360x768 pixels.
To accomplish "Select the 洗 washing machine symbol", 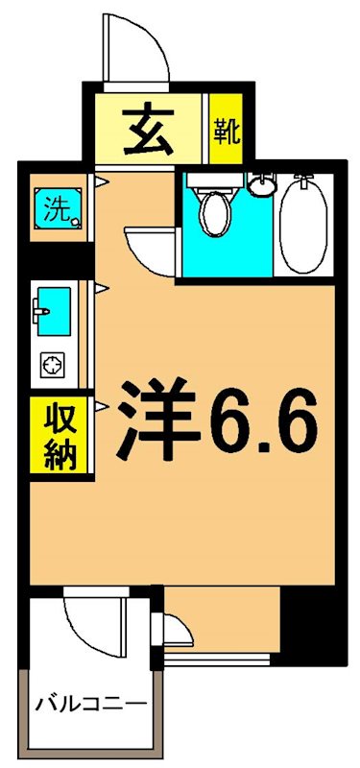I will point(56,209).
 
